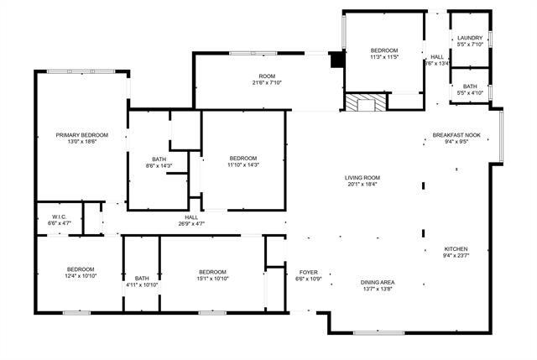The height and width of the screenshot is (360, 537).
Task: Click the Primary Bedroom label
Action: (x=82, y=135)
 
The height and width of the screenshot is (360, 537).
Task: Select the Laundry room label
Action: (x=470, y=38)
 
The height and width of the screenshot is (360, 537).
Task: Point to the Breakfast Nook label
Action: (x=456, y=135)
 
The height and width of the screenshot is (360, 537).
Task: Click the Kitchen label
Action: (x=456, y=249)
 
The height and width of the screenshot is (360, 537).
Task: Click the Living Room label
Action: (x=362, y=177)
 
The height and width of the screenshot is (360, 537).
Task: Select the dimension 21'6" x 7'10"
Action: (x=268, y=83)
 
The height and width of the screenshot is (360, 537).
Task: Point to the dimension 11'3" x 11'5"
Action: (x=384, y=58)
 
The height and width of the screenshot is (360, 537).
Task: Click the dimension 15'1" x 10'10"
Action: (x=212, y=279)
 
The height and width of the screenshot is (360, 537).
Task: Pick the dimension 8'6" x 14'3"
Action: (x=159, y=166)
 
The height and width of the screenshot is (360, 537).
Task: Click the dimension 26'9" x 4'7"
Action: (x=191, y=224)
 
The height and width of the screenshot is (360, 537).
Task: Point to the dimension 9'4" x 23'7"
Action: (x=456, y=256)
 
